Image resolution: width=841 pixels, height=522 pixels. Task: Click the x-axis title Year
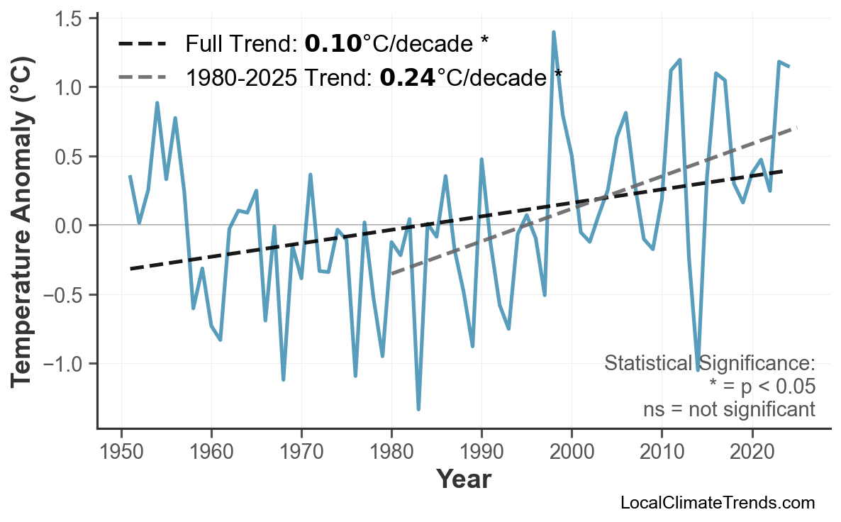tap(463, 479)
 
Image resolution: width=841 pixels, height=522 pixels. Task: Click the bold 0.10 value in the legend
tap(333, 45)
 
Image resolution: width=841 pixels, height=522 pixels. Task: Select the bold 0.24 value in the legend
tap(408, 77)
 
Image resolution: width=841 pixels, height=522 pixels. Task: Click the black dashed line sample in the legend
tap(143, 45)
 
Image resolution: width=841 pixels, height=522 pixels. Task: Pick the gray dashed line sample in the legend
tap(143, 77)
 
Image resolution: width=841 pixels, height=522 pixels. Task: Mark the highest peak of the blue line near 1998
tap(553, 32)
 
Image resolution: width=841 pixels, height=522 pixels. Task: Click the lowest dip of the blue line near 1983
tap(418, 409)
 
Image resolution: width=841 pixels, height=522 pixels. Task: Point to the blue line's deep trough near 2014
tap(698, 370)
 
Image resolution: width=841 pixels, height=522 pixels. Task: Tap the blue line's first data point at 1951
tap(130, 176)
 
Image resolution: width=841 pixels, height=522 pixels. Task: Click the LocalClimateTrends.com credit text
tap(717, 503)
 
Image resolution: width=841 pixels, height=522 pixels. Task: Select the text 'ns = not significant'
tap(729, 409)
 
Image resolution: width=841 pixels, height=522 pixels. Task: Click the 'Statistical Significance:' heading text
tap(709, 364)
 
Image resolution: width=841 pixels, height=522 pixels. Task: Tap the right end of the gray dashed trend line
tap(796, 128)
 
